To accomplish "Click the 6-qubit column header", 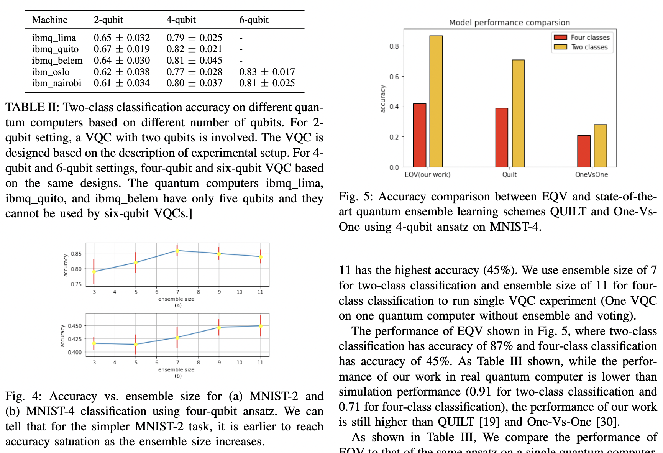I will coord(254,20).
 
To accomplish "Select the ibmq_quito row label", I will coord(55,49).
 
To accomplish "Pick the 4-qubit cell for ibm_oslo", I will coord(194,72).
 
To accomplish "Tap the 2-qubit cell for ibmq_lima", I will coord(121,38).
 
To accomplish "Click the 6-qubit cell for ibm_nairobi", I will coord(267,83).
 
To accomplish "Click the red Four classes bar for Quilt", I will coord(502,138).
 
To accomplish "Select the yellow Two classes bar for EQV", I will coord(436,102).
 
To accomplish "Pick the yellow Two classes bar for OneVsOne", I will coord(600,146).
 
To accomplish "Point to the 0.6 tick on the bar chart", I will coord(394,77).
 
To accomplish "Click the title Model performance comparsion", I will coord(509,23).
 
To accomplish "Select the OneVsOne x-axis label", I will coord(591,175).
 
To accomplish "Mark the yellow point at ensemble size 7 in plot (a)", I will coord(177,251).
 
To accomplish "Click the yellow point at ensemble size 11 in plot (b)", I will coord(261,326).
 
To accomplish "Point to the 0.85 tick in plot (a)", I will coord(76,254).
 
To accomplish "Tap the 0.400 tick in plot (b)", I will coord(74,352).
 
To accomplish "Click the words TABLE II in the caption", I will coord(31,107).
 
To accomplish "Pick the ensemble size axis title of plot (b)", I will coord(176,370).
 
